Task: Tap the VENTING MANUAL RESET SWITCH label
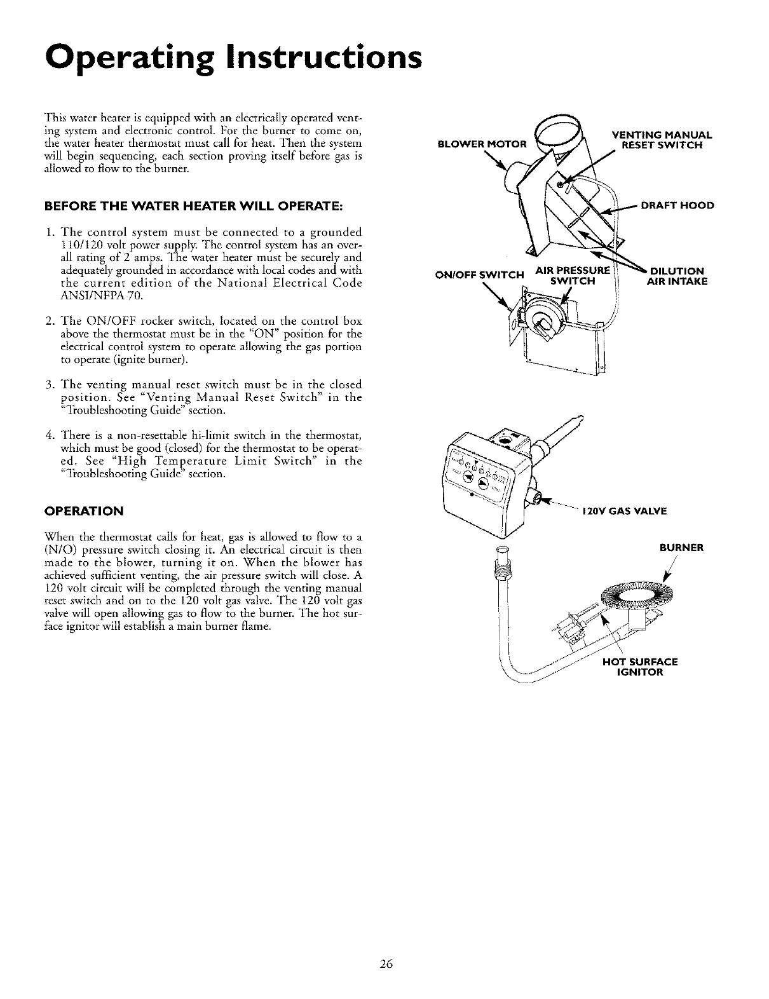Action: (x=662, y=139)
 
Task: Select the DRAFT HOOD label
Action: (x=677, y=205)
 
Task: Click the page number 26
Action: (x=385, y=963)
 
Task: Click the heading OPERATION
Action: (x=84, y=511)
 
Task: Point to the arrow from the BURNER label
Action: (x=667, y=569)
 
